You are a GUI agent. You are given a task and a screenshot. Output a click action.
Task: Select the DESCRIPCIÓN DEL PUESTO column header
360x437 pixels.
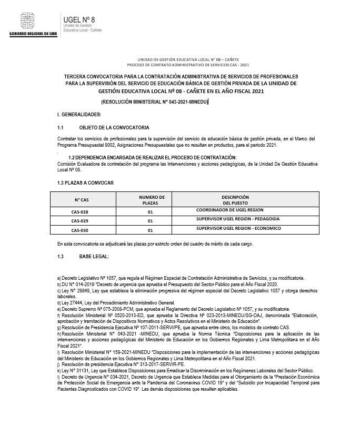(x=235, y=200)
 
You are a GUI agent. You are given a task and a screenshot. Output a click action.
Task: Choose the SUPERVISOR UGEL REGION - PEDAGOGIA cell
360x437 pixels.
(x=238, y=219)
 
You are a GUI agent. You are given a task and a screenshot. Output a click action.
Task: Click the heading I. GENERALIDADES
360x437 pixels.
(x=79, y=114)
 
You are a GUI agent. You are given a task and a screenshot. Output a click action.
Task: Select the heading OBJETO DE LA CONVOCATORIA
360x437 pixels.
(x=114, y=128)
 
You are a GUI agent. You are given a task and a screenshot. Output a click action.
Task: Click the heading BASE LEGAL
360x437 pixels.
(x=94, y=256)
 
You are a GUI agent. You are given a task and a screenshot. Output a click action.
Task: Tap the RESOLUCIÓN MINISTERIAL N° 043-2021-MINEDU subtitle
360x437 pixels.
(x=155, y=101)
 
